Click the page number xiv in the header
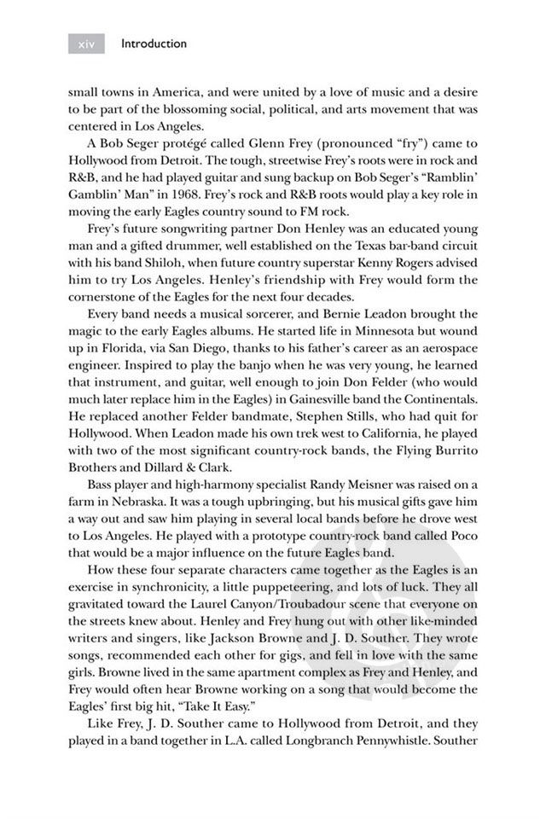point(85,44)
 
